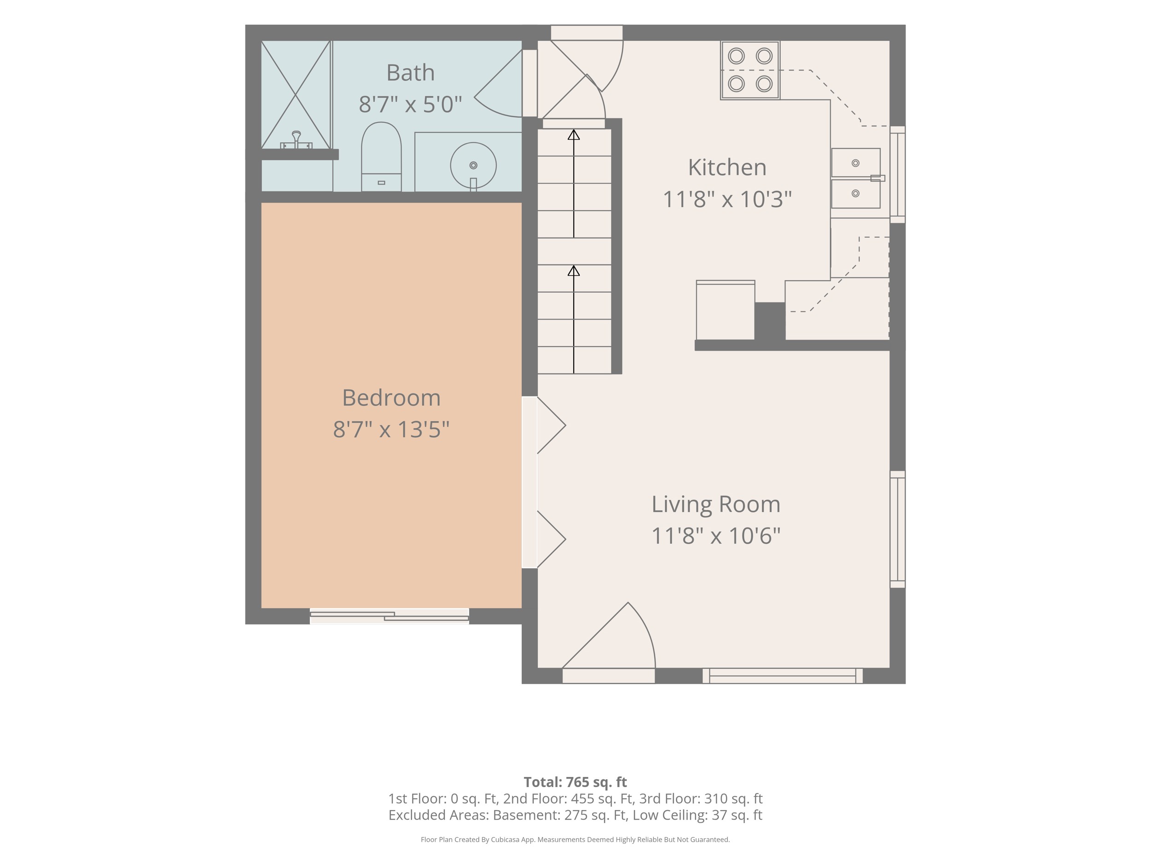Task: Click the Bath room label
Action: click(x=411, y=73)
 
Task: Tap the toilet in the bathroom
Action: click(x=381, y=156)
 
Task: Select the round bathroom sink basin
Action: click(x=473, y=165)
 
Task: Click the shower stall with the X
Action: click(x=296, y=95)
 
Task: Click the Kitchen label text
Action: click(x=727, y=168)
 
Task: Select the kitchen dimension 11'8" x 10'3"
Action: click(x=727, y=199)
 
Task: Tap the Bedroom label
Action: click(x=391, y=398)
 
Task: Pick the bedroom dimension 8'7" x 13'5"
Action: click(x=391, y=430)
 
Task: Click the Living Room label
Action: click(x=716, y=504)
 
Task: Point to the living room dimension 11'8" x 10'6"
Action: click(x=716, y=536)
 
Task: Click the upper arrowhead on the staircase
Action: click(x=573, y=135)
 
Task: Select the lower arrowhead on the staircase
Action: click(x=573, y=271)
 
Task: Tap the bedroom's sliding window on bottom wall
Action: click(x=389, y=616)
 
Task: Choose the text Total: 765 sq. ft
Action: click(x=575, y=782)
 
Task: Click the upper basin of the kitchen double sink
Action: click(x=855, y=163)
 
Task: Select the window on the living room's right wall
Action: click(x=898, y=529)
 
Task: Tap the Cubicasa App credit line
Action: click(x=575, y=839)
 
